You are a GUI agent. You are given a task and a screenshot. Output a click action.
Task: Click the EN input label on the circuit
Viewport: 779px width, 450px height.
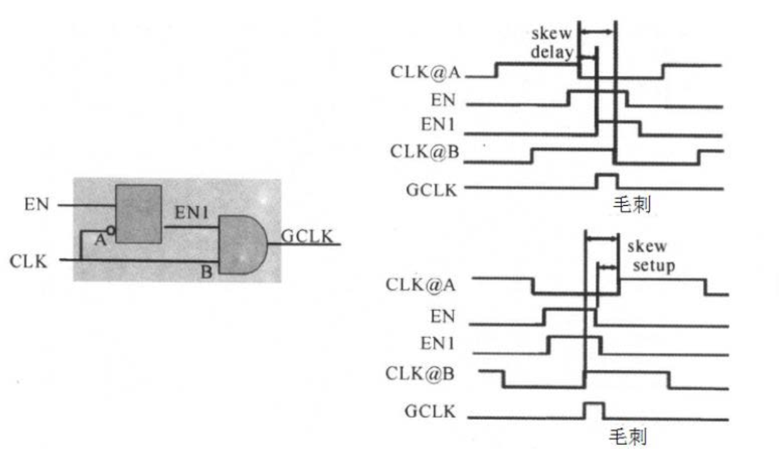(37, 205)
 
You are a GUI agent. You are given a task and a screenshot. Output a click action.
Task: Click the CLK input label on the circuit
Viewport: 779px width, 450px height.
(28, 261)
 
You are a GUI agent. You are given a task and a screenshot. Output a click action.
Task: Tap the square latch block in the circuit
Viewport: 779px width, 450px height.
(138, 214)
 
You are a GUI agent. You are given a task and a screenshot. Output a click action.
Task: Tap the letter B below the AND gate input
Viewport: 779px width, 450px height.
(206, 273)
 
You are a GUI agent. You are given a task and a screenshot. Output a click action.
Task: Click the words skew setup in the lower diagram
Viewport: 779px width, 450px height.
(650, 256)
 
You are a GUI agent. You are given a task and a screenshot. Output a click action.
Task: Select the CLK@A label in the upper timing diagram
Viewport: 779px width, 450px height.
(426, 71)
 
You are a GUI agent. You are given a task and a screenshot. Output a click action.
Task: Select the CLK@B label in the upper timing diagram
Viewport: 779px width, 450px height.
(426, 152)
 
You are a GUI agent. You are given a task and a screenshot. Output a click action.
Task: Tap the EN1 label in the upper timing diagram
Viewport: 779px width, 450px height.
(438, 124)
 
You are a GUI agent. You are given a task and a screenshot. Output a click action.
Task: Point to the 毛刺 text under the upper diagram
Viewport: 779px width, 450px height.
(631, 204)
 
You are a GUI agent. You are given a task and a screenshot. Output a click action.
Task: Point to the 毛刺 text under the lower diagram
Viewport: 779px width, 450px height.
(627, 436)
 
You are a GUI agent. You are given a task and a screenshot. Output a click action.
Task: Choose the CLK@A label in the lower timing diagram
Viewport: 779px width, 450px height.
(421, 285)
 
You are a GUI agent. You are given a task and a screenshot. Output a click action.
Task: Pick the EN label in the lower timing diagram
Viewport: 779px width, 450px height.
(442, 316)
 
